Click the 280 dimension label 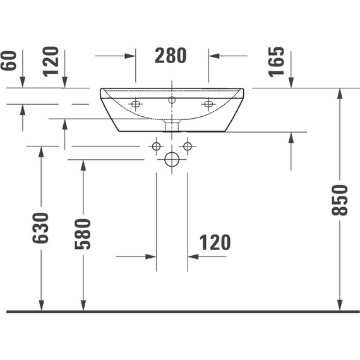[171, 56]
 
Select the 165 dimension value [276, 61]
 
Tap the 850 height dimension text [340, 200]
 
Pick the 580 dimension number [83, 234]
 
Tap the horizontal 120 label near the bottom [215, 243]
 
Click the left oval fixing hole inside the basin [135, 104]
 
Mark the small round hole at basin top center [172, 100]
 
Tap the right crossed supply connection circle [187, 147]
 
